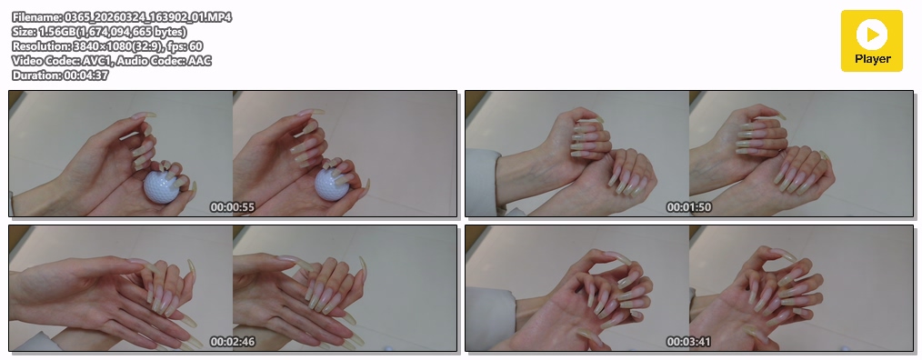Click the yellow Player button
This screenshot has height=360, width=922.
(871, 41)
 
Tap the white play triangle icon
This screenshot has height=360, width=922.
(873, 35)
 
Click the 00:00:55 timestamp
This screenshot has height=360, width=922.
(232, 207)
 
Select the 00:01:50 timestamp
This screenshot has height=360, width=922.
(688, 207)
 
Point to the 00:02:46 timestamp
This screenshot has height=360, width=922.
(232, 342)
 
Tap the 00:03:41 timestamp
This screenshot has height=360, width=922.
(688, 342)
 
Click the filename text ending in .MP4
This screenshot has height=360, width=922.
(122, 17)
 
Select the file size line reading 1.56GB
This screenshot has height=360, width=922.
(99, 32)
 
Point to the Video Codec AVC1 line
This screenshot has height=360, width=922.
(111, 61)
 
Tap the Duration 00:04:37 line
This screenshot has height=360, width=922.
(60, 75)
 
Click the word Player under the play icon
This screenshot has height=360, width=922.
(873, 59)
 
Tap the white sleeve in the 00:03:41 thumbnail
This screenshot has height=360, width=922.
(488, 317)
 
